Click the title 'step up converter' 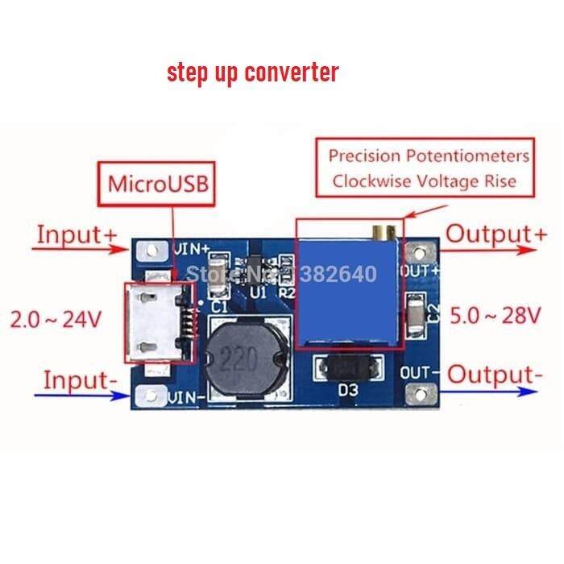pyautogui.click(x=252, y=72)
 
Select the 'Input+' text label pyautogui.click(x=77, y=235)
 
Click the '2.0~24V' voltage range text pyautogui.click(x=56, y=319)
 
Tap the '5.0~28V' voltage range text pyautogui.click(x=495, y=316)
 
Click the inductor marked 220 pyautogui.click(x=247, y=354)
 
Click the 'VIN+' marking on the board pyautogui.click(x=193, y=247)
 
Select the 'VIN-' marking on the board pyautogui.click(x=190, y=396)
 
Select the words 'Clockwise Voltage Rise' pyautogui.click(x=423, y=181)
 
